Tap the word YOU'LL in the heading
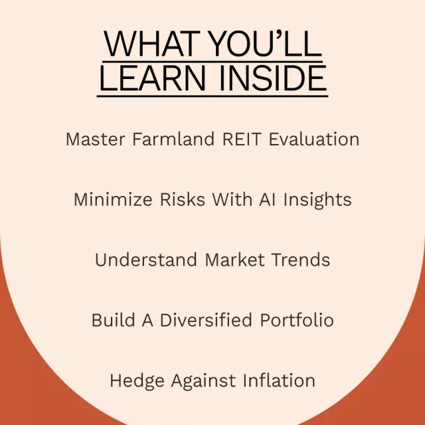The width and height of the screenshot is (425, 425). point(266,43)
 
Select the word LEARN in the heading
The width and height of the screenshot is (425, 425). point(153,78)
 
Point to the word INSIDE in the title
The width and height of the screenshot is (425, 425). point(273,78)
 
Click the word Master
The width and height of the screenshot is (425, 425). point(96,139)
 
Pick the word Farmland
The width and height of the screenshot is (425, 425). point(173,139)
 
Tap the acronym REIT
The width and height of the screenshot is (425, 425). point(242,139)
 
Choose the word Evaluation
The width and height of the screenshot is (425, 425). point(314,139)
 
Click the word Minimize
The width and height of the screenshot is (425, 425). point(113,200)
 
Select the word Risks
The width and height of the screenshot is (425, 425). point(183,200)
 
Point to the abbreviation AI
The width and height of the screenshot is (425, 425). point(267,200)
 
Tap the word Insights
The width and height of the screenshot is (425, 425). point(317,201)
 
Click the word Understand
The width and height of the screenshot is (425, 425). point(146,260)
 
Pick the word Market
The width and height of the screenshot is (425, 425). point(234,260)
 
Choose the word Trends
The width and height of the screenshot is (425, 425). point(301,260)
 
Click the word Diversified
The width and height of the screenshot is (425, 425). point(206,320)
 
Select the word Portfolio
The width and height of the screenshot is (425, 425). point(297,320)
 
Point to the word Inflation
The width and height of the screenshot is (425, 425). point(279,381)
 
